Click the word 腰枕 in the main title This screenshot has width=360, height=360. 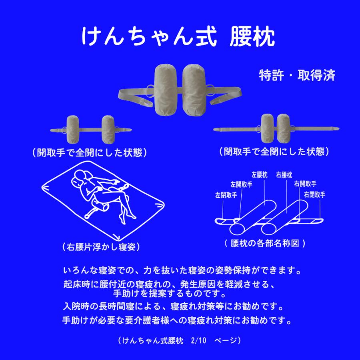pyautogui.click(x=252, y=37)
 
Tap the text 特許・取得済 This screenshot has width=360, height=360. pyautogui.click(x=296, y=75)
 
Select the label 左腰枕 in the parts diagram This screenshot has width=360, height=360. pyautogui.click(x=259, y=175)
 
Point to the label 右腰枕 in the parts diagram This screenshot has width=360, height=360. pyautogui.click(x=284, y=175)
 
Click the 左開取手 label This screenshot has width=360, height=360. pyautogui.click(x=241, y=184)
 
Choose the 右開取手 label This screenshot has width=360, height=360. pyautogui.click(x=305, y=184)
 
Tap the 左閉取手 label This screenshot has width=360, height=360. pyautogui.click(x=226, y=195)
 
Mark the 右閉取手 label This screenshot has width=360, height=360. pyautogui.click(x=314, y=195)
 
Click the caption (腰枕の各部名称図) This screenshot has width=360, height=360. pyautogui.click(x=266, y=243)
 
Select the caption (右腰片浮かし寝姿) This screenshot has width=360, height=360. pyautogui.click(x=101, y=247)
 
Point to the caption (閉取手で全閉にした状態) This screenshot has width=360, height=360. pyautogui.click(x=274, y=152)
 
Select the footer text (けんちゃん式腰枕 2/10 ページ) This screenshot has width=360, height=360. pyautogui.click(x=180, y=340)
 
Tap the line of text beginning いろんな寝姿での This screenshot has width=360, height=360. pyautogui.click(x=182, y=270)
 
